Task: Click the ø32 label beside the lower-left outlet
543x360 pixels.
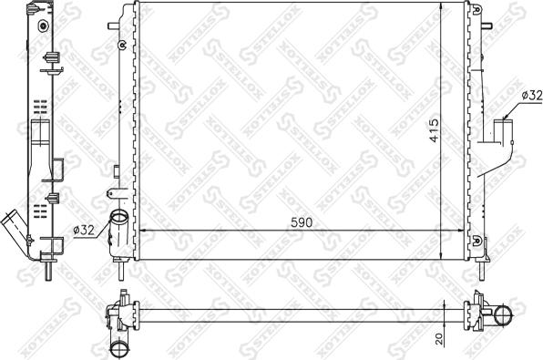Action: coord(85,231)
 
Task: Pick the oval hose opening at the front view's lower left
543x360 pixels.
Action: coord(118,218)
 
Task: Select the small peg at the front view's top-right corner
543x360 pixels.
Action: coord(475,5)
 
